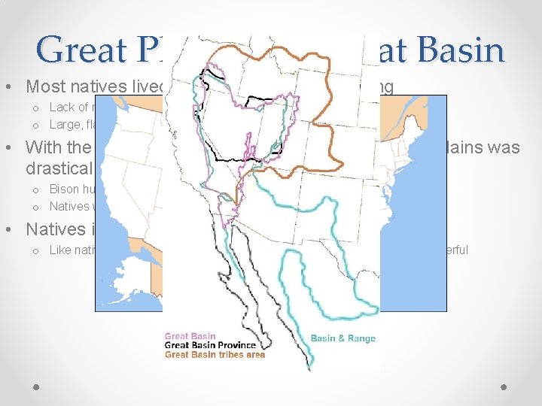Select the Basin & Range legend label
(343, 338)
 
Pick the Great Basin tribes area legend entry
(215, 355)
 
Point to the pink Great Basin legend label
(190, 337)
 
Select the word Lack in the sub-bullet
(62, 108)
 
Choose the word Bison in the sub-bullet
(64, 189)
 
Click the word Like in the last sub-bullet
(60, 250)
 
